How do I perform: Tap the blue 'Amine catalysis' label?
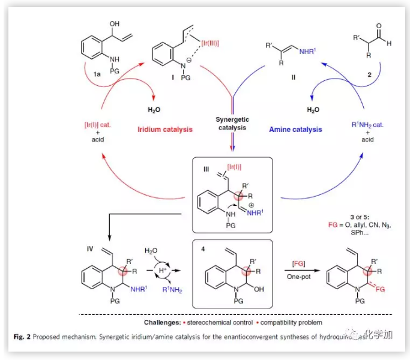point(295,130)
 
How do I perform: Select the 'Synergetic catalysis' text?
point(232,123)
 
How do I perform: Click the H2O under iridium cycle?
point(154,110)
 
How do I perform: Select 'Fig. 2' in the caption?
point(23,337)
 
